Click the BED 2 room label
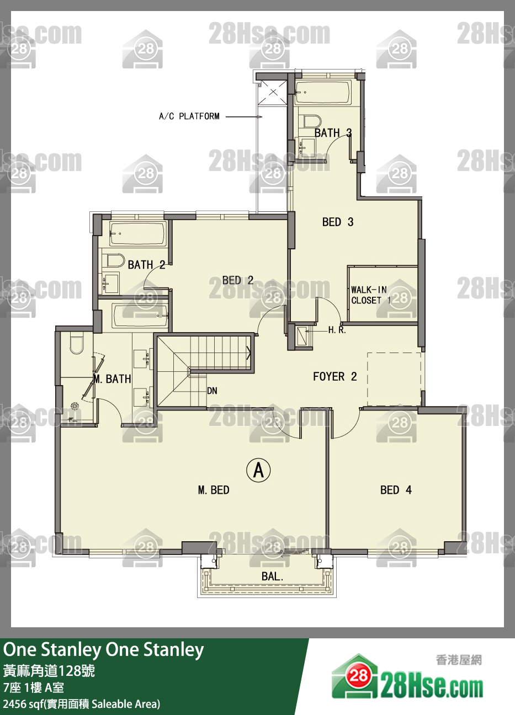pos(237,280)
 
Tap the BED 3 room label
pos(338,222)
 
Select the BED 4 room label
pos(396,490)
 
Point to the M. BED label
pos(214,490)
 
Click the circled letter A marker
pos(258,470)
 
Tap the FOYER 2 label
pos(335,377)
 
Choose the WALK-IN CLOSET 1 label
pos(370,295)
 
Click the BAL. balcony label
pos(272,576)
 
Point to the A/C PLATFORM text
pos(189,116)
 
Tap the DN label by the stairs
pos(212,391)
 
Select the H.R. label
pos(337,330)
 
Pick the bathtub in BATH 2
pos(138,234)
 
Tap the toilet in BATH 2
pos(113,260)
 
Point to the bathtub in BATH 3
pos(323,92)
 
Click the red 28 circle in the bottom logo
pos(357,675)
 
